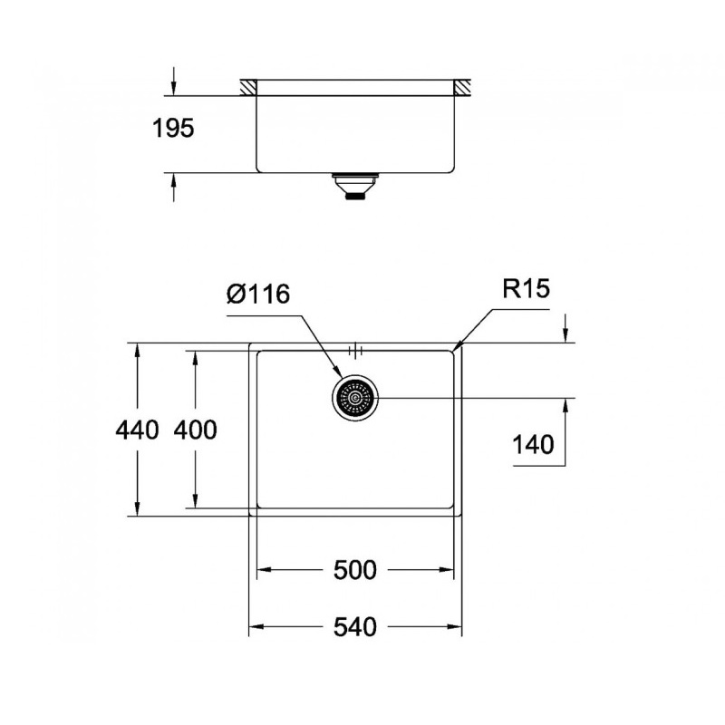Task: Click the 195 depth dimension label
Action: pyautogui.click(x=172, y=129)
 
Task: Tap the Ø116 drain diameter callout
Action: pyautogui.click(x=258, y=294)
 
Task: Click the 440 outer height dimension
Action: pyautogui.click(x=137, y=430)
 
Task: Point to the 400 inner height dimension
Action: pyautogui.click(x=195, y=430)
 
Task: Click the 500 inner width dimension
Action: pyautogui.click(x=354, y=570)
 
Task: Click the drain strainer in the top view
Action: pyautogui.click(x=354, y=398)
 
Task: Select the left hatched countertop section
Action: pyautogui.click(x=247, y=88)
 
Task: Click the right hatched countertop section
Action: pyautogui.click(x=463, y=88)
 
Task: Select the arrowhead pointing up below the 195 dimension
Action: pyautogui.click(x=172, y=180)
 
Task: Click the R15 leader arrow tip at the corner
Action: pyautogui.click(x=458, y=345)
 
